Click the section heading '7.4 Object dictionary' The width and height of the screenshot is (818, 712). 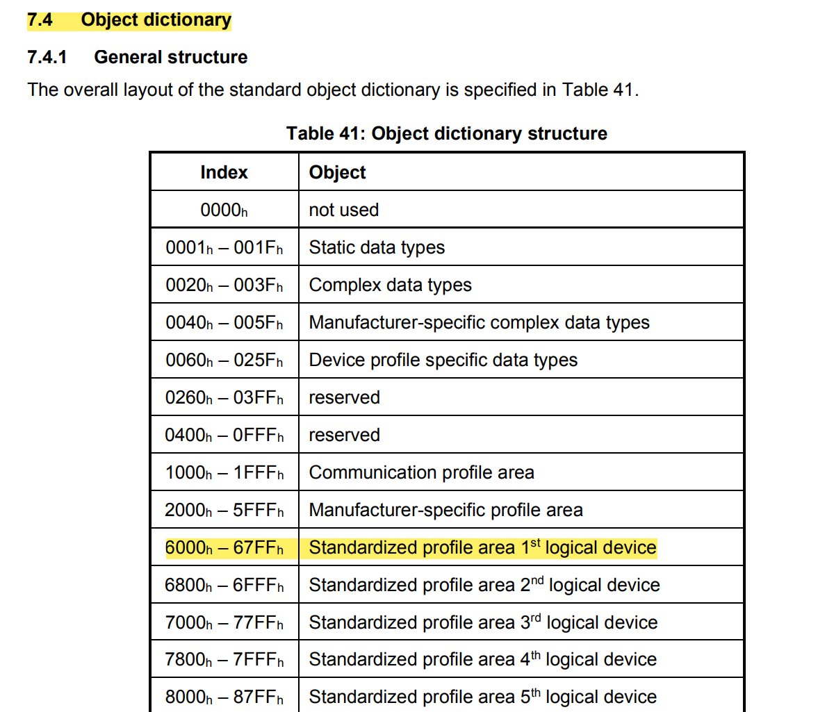[129, 20]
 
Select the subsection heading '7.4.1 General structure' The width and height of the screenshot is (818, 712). [137, 57]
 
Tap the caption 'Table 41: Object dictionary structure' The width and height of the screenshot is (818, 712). [446, 133]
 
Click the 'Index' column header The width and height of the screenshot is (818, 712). [224, 172]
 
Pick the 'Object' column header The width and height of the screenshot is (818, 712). [337, 172]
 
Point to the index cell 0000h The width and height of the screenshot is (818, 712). [224, 210]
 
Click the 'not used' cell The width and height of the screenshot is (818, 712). [343, 210]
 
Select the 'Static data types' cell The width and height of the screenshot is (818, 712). [377, 247]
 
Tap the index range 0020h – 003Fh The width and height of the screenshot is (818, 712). [224, 285]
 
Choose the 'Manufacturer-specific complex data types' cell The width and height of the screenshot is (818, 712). [479, 322]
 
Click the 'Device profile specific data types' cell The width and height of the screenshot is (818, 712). [443, 360]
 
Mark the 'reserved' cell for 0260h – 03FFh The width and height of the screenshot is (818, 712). [344, 397]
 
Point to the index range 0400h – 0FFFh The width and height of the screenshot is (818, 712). [224, 435]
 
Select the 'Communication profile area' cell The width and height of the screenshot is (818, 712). [421, 472]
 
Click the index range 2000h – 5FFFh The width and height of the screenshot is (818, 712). [224, 510]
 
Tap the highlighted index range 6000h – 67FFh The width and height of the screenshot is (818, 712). [224, 547]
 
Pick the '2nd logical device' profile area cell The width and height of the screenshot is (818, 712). [484, 585]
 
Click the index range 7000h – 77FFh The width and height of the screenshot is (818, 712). [224, 622]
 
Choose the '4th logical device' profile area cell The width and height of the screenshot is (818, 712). [482, 659]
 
